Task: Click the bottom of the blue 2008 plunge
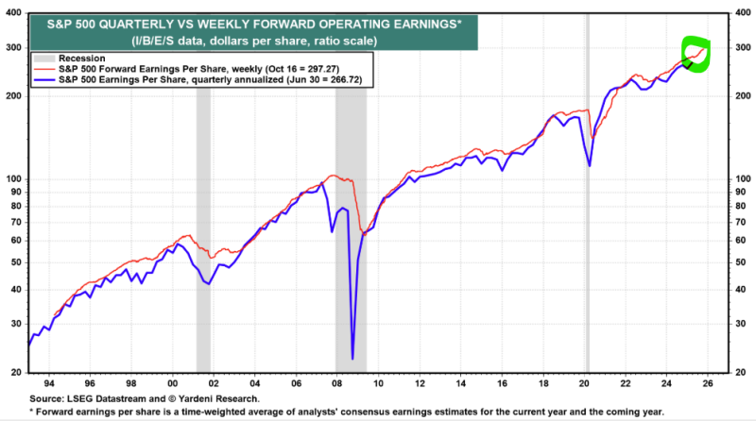(352, 359)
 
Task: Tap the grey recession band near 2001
(203, 236)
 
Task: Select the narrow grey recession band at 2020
(587, 236)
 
